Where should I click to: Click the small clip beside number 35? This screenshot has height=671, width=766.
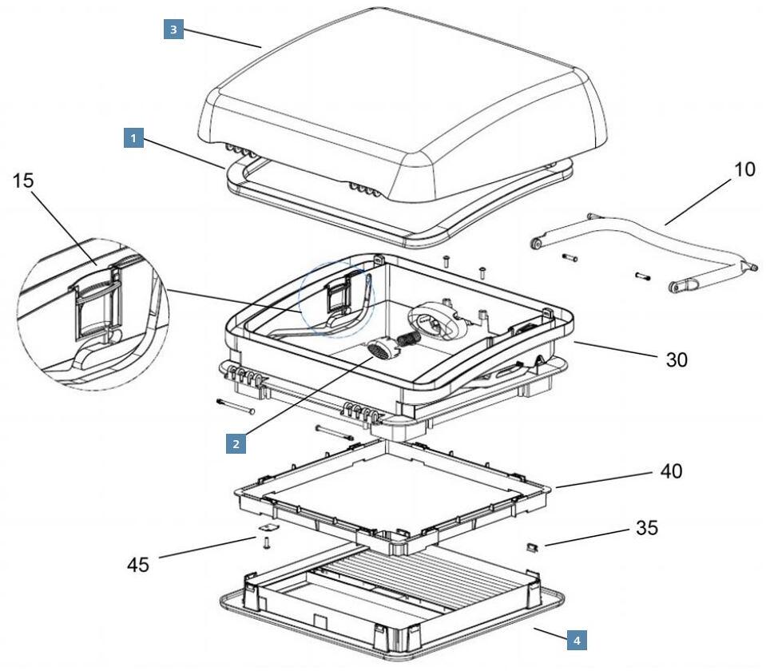tap(532, 547)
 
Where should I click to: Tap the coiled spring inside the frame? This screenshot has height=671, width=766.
tap(408, 339)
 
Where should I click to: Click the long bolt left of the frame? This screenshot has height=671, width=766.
tap(236, 408)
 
